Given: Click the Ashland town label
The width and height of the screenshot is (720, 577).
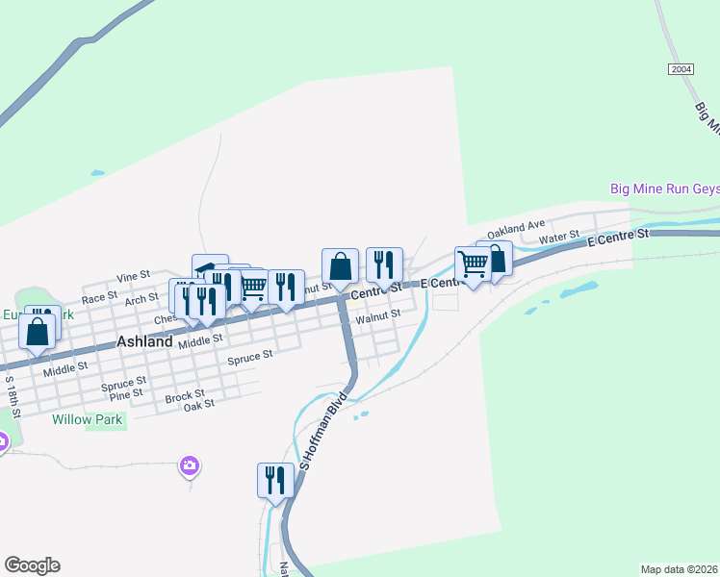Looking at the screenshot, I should [144, 341].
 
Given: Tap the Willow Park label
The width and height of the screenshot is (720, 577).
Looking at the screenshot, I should [86, 419].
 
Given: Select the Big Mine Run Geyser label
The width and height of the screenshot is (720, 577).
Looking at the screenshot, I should [664, 188].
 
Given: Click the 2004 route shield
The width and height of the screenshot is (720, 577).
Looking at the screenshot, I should [681, 69].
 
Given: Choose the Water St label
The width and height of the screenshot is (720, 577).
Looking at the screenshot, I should [558, 237].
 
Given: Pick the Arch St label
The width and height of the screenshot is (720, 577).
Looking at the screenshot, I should [141, 299].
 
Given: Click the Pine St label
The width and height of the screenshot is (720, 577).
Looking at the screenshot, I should [125, 393].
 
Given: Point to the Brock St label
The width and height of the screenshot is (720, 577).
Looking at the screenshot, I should [184, 394].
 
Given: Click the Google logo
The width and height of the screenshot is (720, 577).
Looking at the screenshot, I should [32, 565].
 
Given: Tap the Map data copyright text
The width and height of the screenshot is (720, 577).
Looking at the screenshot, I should [679, 569].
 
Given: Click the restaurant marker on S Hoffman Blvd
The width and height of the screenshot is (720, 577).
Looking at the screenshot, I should [275, 479].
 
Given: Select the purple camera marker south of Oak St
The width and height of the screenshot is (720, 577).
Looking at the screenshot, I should [190, 466].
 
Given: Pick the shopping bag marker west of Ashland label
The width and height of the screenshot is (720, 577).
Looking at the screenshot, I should [37, 332].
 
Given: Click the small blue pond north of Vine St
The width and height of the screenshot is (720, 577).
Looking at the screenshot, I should [96, 173].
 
